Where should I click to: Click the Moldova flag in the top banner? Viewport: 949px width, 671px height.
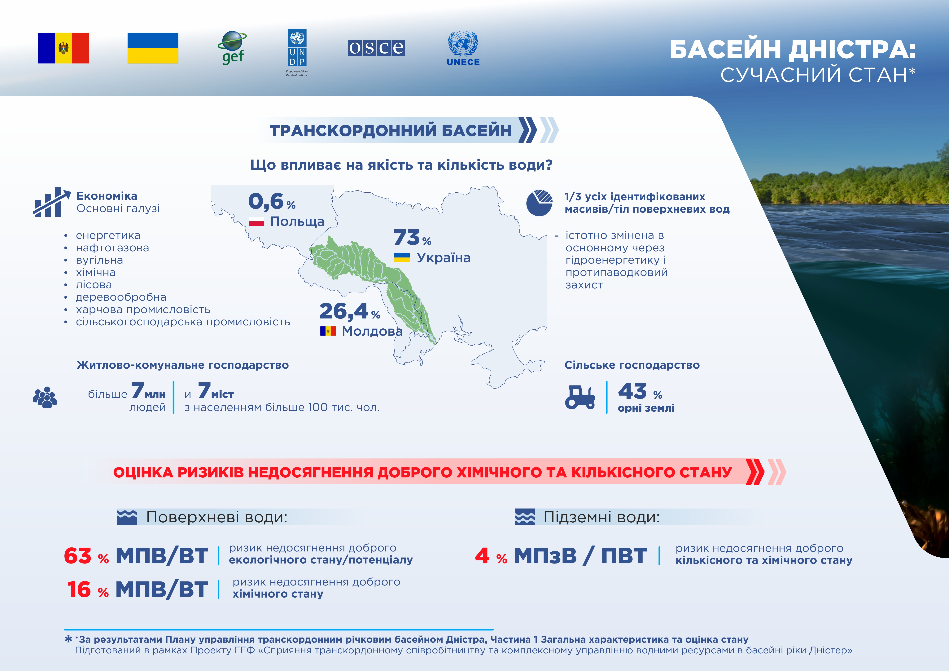tap(63, 48)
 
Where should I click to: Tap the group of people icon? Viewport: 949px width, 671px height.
tap(45, 397)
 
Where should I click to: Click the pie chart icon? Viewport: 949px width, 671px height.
tap(539, 203)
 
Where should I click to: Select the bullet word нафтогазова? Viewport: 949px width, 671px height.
tap(112, 248)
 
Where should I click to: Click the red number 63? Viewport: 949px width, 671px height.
tap(78, 556)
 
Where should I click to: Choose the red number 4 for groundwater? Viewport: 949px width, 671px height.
tap(482, 556)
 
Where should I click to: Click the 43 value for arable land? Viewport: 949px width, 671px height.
tap(632, 391)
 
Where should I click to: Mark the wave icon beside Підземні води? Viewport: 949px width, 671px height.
tap(525, 517)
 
